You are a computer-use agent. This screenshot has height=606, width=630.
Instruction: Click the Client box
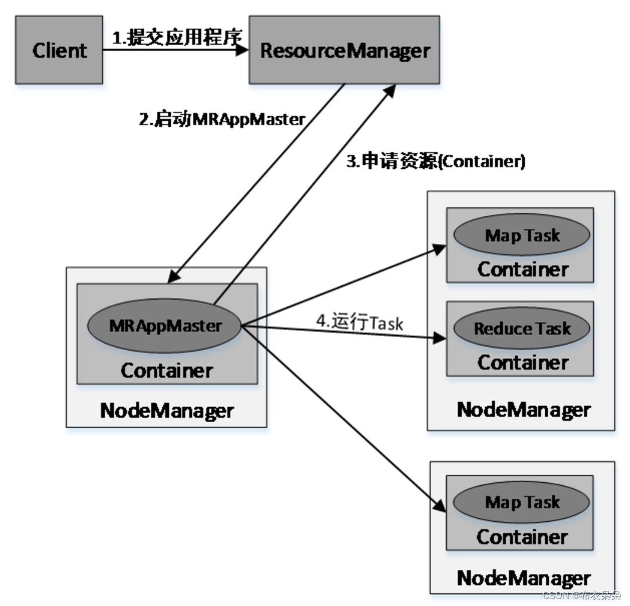(59, 50)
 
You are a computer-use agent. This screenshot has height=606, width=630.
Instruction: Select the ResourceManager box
(344, 50)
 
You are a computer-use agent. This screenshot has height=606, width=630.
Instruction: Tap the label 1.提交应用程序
(176, 37)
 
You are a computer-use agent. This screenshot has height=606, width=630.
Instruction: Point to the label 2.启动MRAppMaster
(222, 119)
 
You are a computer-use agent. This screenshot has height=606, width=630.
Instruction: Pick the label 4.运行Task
(360, 322)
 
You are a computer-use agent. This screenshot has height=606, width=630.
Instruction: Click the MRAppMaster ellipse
(165, 325)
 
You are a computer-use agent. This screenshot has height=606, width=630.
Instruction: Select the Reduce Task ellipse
(522, 328)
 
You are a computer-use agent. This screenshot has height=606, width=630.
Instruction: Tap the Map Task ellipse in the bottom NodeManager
(521, 502)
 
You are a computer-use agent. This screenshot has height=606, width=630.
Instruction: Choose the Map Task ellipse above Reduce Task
(521, 235)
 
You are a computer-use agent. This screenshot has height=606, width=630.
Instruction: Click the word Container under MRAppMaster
(167, 370)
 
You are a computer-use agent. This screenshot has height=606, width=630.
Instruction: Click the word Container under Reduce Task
(522, 362)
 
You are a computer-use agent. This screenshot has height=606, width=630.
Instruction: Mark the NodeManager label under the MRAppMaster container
(167, 411)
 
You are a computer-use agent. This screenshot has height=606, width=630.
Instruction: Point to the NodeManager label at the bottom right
(523, 577)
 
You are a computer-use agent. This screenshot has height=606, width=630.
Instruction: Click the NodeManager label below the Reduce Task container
(523, 410)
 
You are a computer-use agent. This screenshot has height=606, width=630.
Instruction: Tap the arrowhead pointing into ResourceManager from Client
(243, 50)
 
